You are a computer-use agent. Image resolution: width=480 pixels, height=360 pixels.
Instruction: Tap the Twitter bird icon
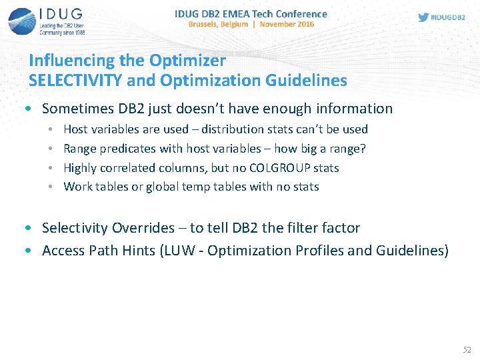point(423,17)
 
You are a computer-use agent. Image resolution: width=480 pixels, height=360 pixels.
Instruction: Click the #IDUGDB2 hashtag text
point(448,17)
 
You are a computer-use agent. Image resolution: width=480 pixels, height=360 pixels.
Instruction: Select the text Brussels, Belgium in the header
point(218,24)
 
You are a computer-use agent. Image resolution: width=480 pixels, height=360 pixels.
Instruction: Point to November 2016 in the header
point(287,24)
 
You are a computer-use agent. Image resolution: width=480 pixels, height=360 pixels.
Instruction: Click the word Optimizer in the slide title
point(187,60)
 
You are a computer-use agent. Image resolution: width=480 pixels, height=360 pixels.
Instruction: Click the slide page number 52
point(467,349)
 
